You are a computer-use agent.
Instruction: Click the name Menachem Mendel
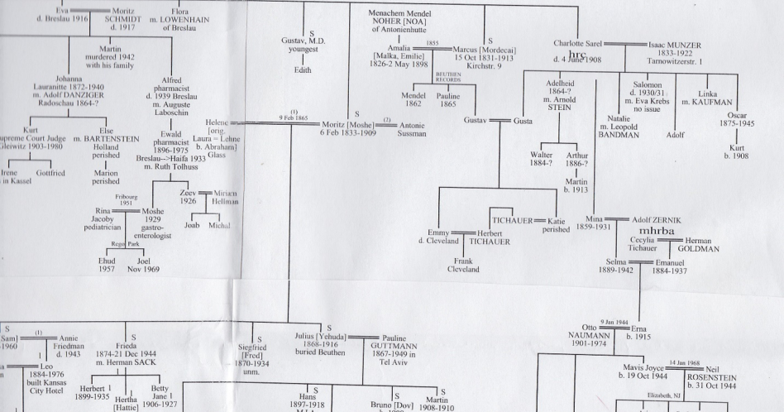(412, 15)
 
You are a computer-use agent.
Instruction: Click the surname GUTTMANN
(402, 349)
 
